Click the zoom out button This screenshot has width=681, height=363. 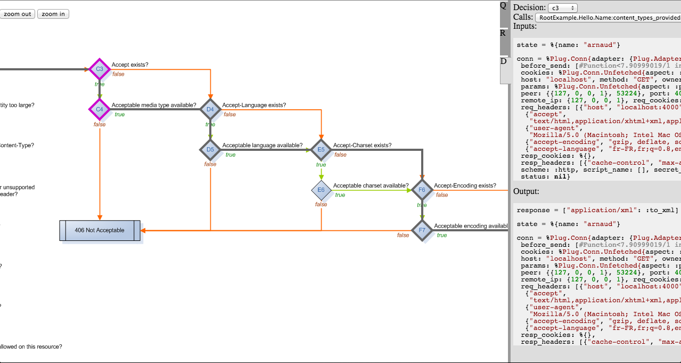[18, 14]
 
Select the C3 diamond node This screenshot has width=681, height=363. [100, 69]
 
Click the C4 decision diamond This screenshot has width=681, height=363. [100, 109]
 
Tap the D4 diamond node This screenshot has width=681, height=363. [210, 109]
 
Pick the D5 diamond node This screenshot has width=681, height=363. [210, 150]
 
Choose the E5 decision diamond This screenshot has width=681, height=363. [321, 150]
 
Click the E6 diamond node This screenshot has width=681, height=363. [321, 190]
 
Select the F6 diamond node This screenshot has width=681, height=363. [422, 190]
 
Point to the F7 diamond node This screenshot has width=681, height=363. [422, 230]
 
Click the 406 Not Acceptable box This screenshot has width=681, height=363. [100, 230]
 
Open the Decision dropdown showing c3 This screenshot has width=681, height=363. [562, 8]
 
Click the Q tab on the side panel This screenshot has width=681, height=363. [503, 6]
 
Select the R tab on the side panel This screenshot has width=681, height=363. [503, 33]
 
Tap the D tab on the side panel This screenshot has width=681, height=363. [503, 61]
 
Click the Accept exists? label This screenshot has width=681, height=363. [130, 64]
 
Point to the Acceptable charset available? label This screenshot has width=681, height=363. [371, 186]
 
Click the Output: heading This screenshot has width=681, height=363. [526, 191]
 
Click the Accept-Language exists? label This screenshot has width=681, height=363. [254, 105]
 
